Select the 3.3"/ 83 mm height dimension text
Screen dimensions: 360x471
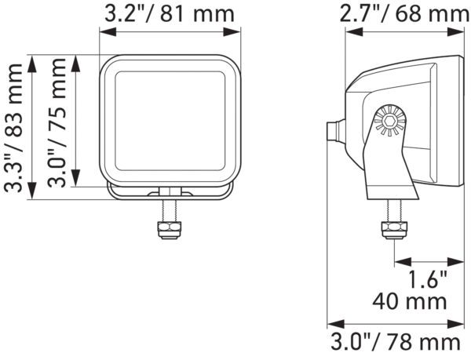click(x=13, y=128)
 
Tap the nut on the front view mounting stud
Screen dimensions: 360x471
click(x=169, y=228)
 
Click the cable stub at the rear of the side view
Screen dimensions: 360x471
click(x=334, y=131)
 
